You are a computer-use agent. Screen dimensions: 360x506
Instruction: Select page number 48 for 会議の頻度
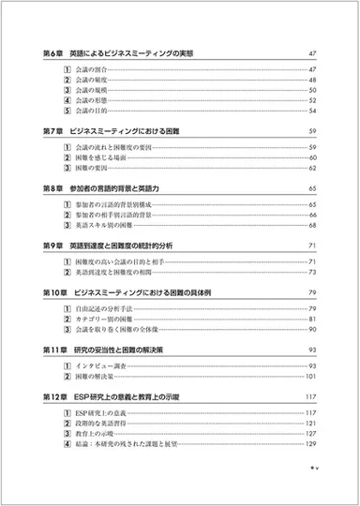(313, 82)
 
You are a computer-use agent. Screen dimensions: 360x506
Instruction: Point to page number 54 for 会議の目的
(313, 112)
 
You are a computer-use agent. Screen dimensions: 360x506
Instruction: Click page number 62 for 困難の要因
(313, 169)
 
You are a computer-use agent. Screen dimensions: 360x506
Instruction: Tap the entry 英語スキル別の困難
(104, 226)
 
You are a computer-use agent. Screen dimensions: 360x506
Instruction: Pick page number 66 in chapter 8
(313, 215)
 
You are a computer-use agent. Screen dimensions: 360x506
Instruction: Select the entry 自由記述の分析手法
(104, 310)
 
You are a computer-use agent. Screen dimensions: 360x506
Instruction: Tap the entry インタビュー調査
(104, 366)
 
